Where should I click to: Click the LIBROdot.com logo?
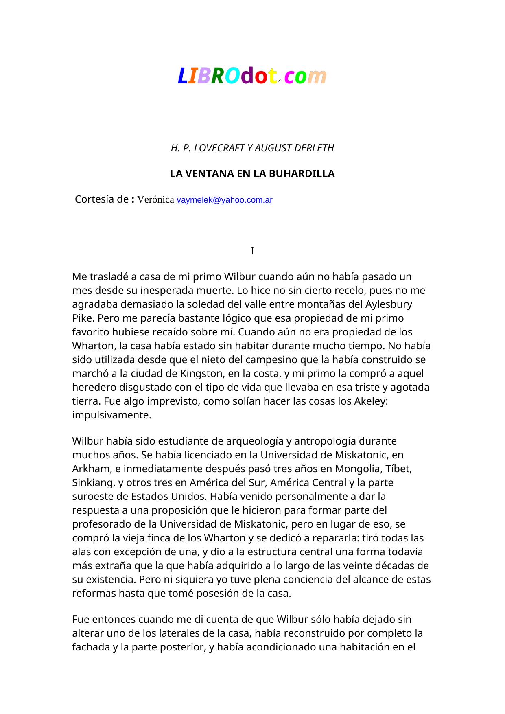coord(252,76)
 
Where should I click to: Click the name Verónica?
coord(156,200)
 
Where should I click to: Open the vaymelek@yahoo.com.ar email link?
coord(225,200)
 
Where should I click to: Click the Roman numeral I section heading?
coord(252,251)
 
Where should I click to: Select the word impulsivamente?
coord(111,415)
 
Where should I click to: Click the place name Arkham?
coord(88,469)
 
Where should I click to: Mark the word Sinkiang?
coord(93,483)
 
